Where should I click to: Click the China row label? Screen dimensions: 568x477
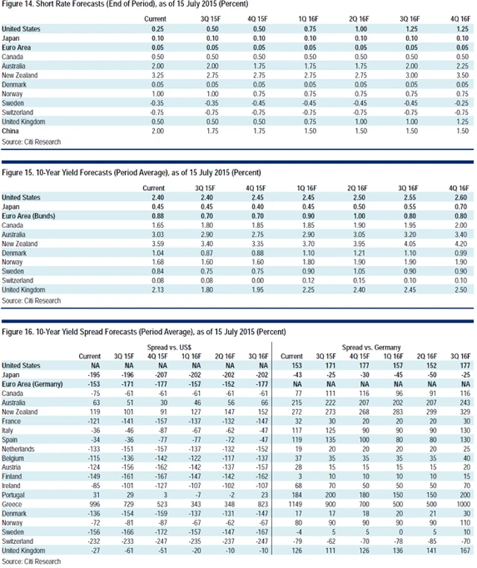(x=13, y=130)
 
